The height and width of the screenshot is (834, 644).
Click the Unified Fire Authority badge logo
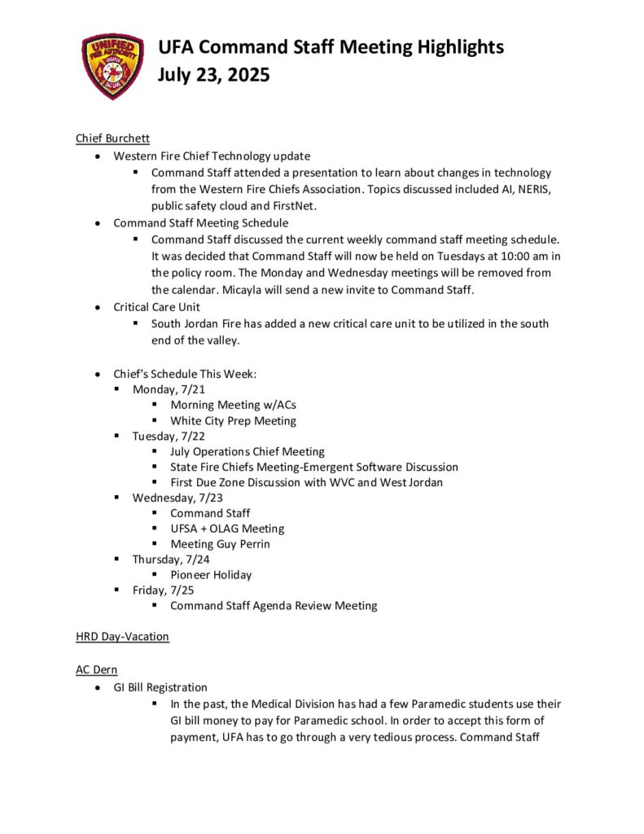pos(112,66)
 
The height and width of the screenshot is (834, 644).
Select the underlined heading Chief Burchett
pos(108,138)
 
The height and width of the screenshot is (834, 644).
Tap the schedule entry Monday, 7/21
pos(169,389)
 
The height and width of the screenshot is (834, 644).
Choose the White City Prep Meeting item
pos(233,421)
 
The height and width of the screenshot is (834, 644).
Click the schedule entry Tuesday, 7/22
pos(170,436)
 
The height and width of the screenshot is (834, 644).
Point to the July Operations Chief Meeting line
pos(247,451)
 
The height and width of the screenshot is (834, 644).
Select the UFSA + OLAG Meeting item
pos(226,529)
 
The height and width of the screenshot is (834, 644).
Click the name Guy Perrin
pos(243,544)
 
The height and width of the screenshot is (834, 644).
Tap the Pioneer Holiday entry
pos(211,574)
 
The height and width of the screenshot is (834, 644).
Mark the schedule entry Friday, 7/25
pos(162,590)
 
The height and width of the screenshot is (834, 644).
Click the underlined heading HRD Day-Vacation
pos(122,636)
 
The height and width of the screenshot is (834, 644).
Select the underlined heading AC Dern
pos(96,670)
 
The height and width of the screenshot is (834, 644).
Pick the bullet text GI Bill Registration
pos(160,687)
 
